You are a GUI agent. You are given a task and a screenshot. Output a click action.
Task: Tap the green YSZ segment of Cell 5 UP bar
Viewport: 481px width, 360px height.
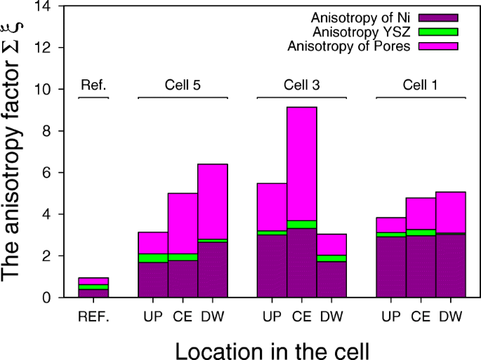pos(152,258)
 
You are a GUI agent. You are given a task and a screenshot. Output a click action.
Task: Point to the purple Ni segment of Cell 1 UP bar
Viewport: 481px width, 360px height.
pos(391,267)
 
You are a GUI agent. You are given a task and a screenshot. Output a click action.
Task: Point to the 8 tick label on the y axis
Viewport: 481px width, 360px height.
pos(49,131)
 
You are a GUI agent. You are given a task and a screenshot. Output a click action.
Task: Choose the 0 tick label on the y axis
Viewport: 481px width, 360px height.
pos(49,298)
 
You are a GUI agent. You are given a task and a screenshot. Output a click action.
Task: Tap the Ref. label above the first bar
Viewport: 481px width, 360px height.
pos(93,85)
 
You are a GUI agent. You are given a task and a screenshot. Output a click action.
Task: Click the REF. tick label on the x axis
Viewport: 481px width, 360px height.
pos(93,316)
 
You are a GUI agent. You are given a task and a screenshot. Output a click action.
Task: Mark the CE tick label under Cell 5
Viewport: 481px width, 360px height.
pos(183,316)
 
